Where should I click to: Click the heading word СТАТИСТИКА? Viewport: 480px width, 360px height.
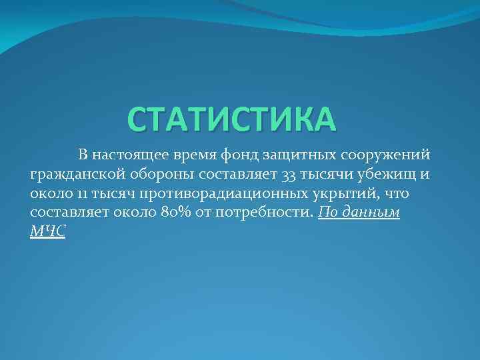click(233, 119)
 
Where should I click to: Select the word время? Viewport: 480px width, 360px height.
click(191, 156)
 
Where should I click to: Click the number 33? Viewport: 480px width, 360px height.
click(290, 175)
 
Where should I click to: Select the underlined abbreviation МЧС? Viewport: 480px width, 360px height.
click(48, 231)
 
